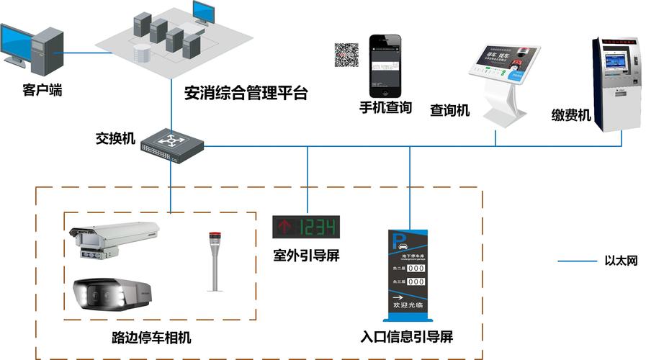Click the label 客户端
pyautogui.click(x=42, y=90)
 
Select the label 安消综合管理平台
pyautogui.click(x=246, y=94)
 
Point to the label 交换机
pyautogui.click(x=116, y=138)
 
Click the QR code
pyautogui.click(x=346, y=55)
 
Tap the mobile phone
pyautogui.click(x=385, y=66)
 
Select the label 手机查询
pyautogui.click(x=386, y=108)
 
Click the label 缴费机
pyautogui.click(x=571, y=115)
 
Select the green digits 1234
pyautogui.click(x=317, y=228)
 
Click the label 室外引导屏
pyautogui.click(x=305, y=256)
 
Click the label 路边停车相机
pyautogui.click(x=152, y=338)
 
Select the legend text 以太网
pyautogui.click(x=621, y=261)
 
